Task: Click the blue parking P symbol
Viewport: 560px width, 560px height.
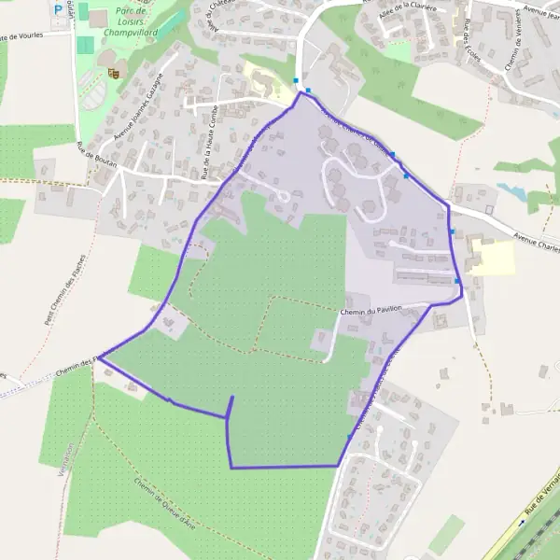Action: (58, 10)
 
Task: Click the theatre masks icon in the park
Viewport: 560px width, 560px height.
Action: (114, 72)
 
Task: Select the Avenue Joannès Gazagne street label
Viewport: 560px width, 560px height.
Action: (139, 107)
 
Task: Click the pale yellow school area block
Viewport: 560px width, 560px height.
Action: (494, 257)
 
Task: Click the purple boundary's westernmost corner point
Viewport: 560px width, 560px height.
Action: (100, 357)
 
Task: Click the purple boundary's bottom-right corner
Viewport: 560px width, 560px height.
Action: (337, 465)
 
